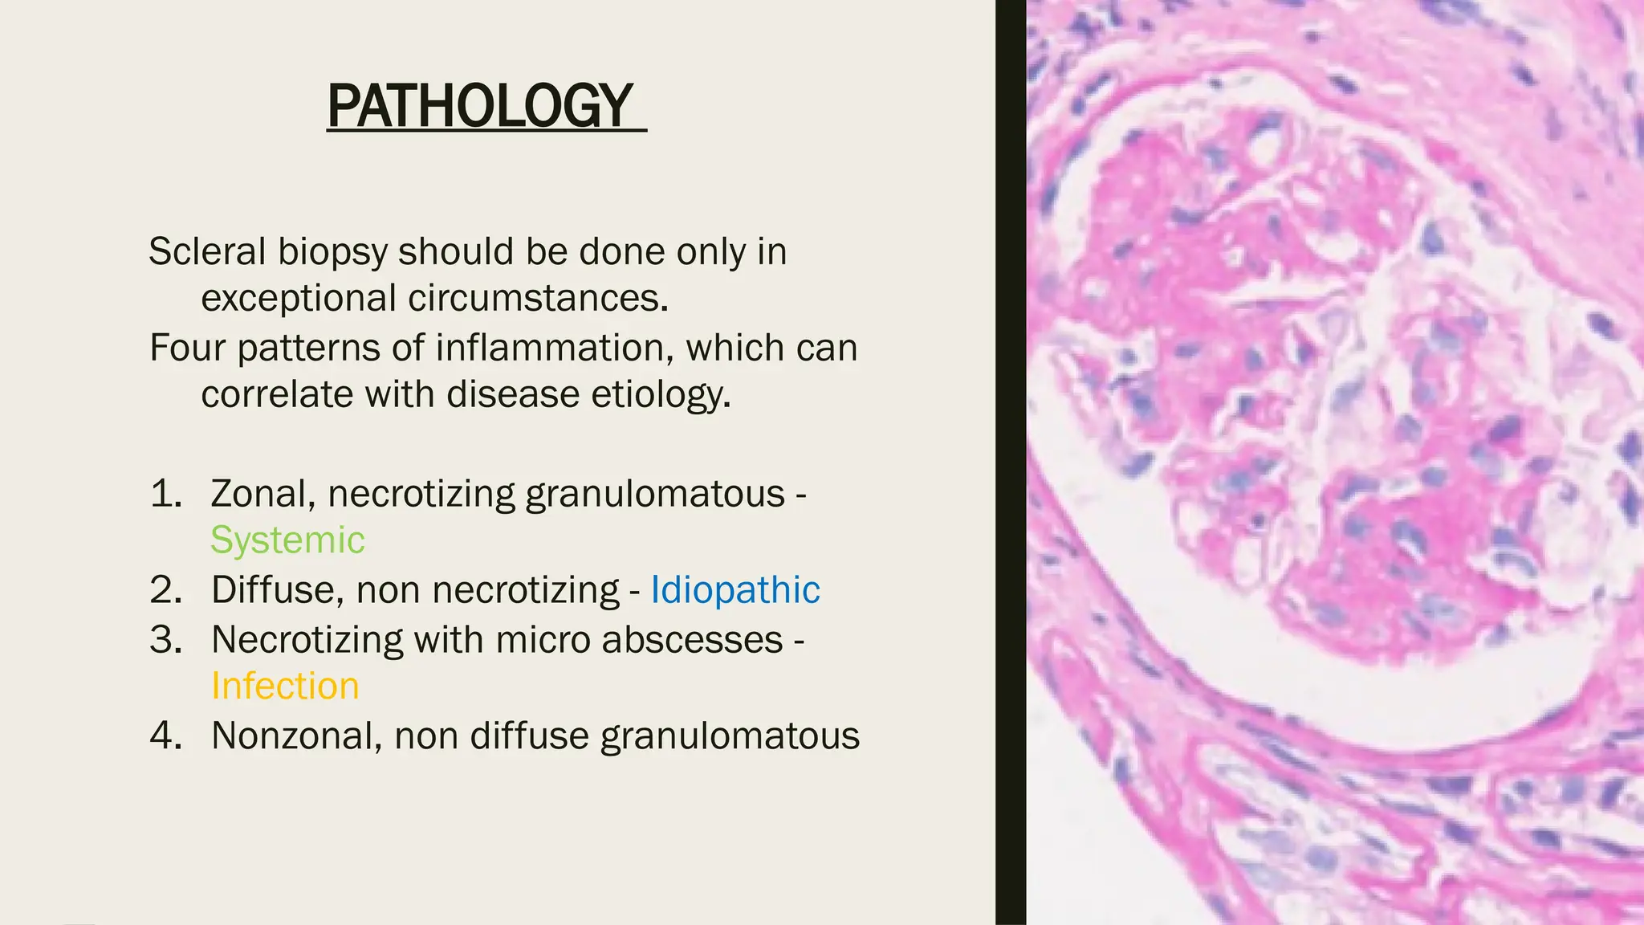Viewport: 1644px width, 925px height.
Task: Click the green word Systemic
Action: tap(287, 540)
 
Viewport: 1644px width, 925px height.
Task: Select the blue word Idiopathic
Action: tap(735, 590)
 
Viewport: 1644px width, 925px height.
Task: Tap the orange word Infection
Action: tap(285, 687)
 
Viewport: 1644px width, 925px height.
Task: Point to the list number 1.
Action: tap(166, 494)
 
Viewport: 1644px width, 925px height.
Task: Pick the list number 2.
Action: tap(166, 590)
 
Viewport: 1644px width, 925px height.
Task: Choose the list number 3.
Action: tap(166, 640)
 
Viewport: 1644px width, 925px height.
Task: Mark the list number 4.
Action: tap(166, 736)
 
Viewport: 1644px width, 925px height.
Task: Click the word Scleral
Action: tap(207, 252)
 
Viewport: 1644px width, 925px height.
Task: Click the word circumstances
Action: tap(538, 299)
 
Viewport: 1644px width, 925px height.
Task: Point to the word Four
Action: tap(187, 348)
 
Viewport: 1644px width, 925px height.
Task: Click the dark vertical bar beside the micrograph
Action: tap(1011, 462)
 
